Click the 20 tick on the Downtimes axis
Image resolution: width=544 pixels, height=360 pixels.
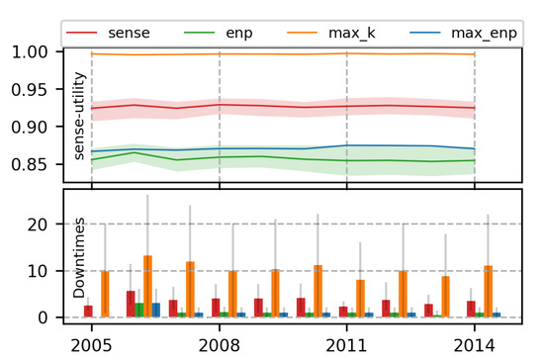(38, 225)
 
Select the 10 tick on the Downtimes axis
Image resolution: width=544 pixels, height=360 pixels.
(38, 271)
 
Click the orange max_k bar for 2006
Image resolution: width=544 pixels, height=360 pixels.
(147, 287)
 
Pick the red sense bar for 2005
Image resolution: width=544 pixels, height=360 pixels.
(88, 311)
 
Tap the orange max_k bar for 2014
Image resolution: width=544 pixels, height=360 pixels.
(488, 291)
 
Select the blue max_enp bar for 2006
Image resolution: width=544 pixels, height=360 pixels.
(156, 310)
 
